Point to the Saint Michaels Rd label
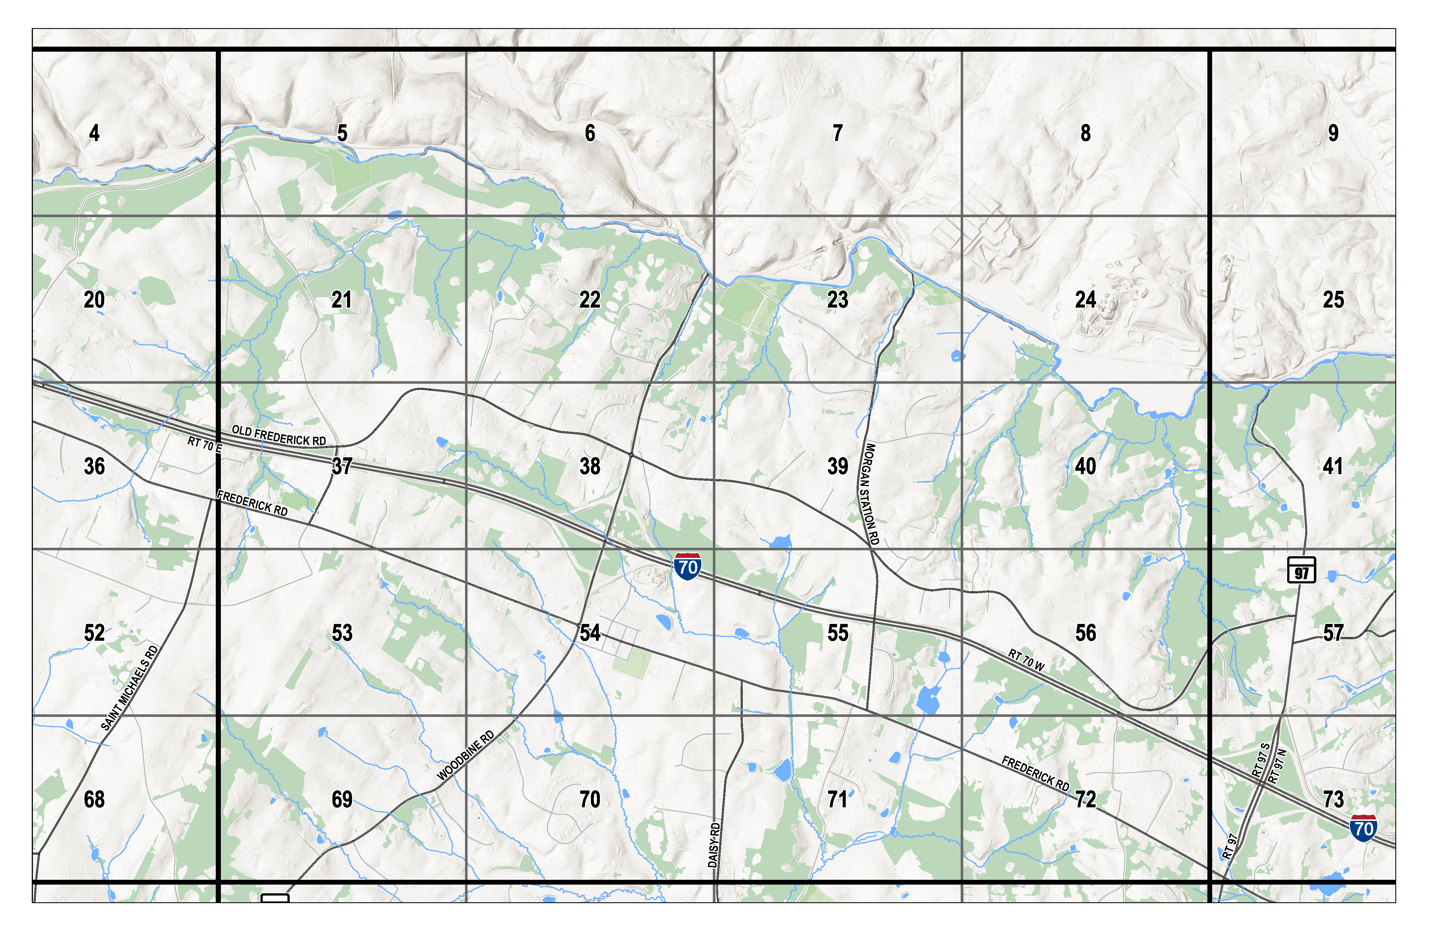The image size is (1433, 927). pos(130,688)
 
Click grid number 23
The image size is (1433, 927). pos(838,300)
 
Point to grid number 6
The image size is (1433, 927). pos(590,133)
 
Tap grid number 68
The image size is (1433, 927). pos(94,799)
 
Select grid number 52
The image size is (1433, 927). pos(94,633)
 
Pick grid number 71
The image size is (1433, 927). pos(838,799)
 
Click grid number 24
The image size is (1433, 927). pos(1086,300)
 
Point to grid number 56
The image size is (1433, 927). pos(1086,633)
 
